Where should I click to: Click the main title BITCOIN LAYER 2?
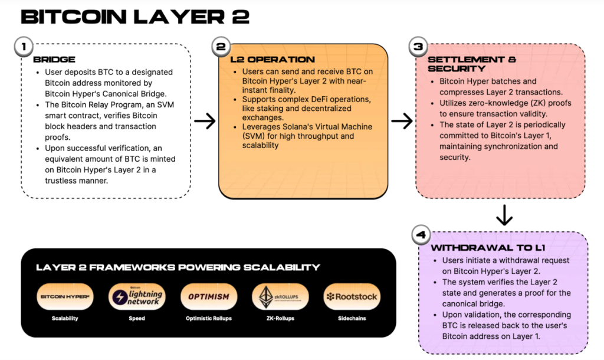[x=134, y=16]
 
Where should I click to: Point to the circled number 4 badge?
[x=420, y=235]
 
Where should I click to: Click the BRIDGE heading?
[x=54, y=60]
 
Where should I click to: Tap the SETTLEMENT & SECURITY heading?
[x=472, y=64]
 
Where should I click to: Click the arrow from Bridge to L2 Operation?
[x=205, y=122]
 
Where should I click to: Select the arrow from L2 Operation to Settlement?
[x=402, y=122]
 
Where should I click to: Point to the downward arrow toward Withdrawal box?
[x=504, y=215]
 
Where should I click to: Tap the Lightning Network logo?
[x=137, y=297]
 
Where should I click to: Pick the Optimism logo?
[x=209, y=297]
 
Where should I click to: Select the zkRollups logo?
[x=280, y=297]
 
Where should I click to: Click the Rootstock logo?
[x=352, y=297]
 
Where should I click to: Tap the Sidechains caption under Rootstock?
[x=352, y=319]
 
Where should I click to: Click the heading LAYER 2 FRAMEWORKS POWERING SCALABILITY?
[x=178, y=267]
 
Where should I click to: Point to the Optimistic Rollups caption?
[x=209, y=319]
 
